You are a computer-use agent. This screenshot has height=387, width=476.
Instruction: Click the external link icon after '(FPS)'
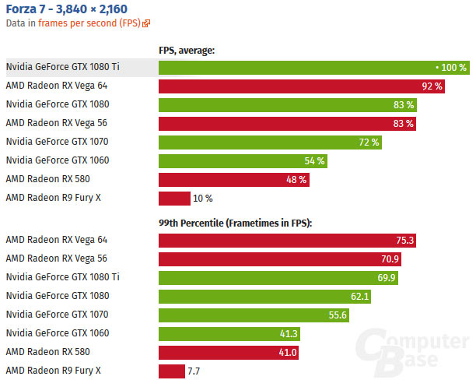pyautogui.click(x=146, y=24)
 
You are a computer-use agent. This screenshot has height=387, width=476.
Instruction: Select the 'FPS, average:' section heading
pyautogui.click(x=187, y=51)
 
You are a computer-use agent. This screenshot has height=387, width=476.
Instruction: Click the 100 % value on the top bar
pyautogui.click(x=453, y=68)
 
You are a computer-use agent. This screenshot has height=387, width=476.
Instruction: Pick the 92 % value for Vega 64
pyautogui.click(x=432, y=86)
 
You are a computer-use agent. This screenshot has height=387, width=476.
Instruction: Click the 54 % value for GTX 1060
pyautogui.click(x=315, y=160)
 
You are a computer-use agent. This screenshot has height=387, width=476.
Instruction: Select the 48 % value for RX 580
pyautogui.click(x=296, y=179)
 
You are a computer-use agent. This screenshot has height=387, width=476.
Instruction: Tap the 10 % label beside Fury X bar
pyautogui.click(x=203, y=199)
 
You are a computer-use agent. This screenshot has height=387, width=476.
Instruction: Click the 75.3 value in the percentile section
pyautogui.click(x=403, y=240)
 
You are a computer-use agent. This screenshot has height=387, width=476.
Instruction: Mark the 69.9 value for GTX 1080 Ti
pyautogui.click(x=387, y=277)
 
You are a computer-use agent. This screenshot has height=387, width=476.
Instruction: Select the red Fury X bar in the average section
pyautogui.click(x=174, y=199)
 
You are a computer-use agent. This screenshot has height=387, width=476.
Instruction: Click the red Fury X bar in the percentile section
pyautogui.click(x=171, y=371)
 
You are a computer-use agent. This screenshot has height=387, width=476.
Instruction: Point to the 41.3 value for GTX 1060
pyautogui.click(x=287, y=333)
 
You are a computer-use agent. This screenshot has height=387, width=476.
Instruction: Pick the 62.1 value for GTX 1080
pyautogui.click(x=360, y=296)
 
